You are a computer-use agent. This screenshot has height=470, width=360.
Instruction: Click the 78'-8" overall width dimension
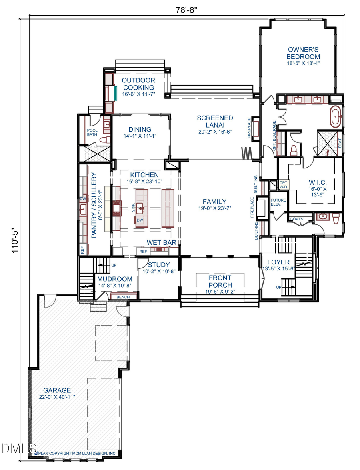(x=188, y=10)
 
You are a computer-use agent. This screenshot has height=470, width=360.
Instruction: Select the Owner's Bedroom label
(x=303, y=53)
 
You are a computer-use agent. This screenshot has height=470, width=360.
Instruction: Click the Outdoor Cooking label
(x=138, y=84)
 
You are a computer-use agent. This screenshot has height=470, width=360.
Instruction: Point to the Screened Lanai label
(x=215, y=121)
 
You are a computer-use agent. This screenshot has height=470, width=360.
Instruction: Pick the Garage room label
(x=57, y=390)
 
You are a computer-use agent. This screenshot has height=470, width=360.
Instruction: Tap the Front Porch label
(x=220, y=281)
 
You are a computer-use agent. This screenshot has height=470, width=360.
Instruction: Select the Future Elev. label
(x=276, y=202)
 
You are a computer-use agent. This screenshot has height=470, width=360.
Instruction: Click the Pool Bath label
(x=92, y=132)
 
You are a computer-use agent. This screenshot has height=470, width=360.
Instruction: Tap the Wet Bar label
(x=162, y=242)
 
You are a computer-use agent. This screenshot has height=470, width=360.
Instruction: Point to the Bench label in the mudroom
(x=123, y=297)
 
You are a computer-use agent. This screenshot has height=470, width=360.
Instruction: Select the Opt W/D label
(x=283, y=184)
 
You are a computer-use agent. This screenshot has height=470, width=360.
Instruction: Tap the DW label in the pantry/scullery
(x=83, y=198)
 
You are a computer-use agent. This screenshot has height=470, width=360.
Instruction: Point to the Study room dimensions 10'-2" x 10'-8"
(x=159, y=272)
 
